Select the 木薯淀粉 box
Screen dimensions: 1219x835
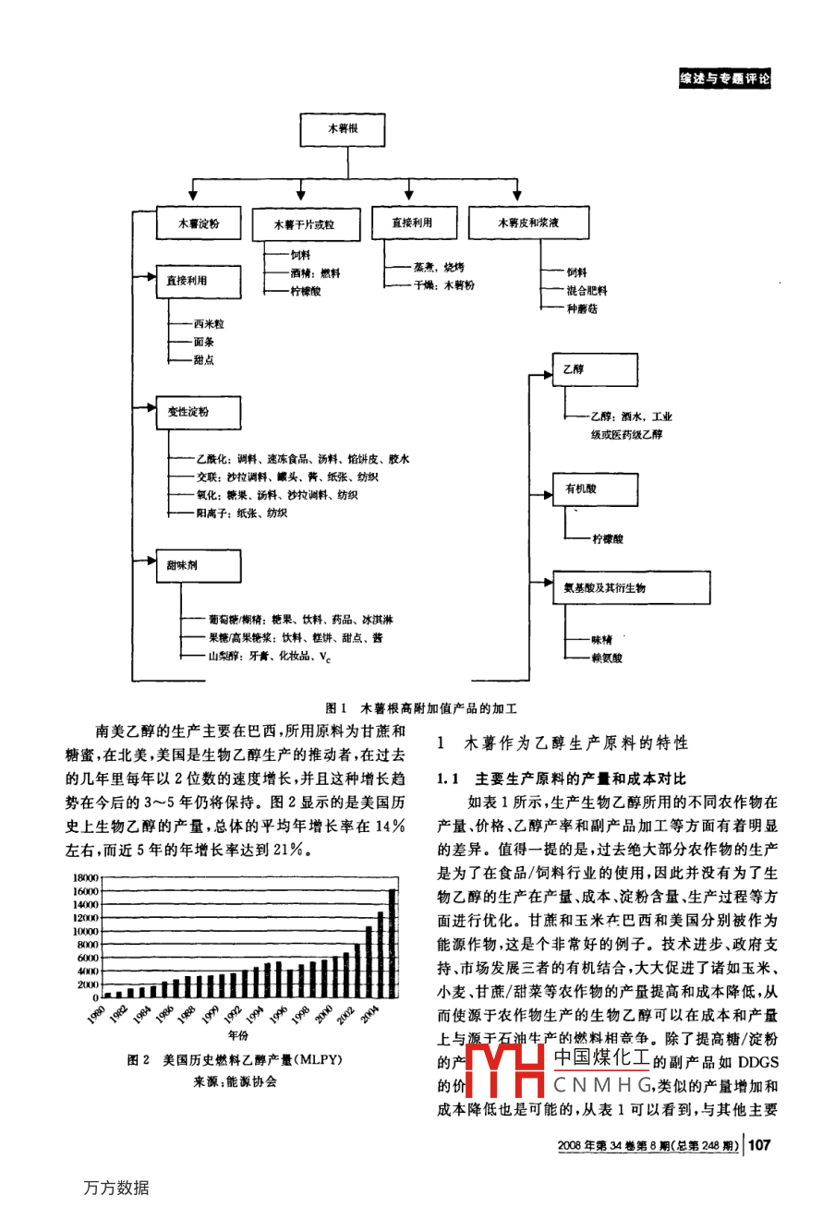pyautogui.click(x=200, y=223)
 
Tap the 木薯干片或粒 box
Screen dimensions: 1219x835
pyautogui.click(x=304, y=224)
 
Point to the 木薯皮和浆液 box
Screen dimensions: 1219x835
pyautogui.click(x=528, y=223)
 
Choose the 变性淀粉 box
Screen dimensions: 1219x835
pyautogui.click(x=199, y=412)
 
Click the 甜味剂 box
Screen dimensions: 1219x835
pyautogui.click(x=199, y=565)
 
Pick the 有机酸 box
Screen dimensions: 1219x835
pyautogui.click(x=595, y=489)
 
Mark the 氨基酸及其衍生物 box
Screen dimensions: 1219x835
pyautogui.click(x=631, y=587)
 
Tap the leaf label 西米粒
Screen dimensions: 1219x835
pyautogui.click(x=209, y=324)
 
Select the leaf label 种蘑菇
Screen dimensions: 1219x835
pyautogui.click(x=582, y=308)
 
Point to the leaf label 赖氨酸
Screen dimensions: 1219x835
pyautogui.click(x=607, y=658)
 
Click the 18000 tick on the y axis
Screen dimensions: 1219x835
pyautogui.click(x=85, y=878)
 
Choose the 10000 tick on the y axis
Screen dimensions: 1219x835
pyautogui.click(x=85, y=931)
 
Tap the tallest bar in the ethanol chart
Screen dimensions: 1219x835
pyautogui.click(x=392, y=943)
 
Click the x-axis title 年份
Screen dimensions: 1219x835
pyautogui.click(x=238, y=1036)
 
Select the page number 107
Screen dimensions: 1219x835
pyautogui.click(x=759, y=1145)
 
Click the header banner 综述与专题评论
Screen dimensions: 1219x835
pyautogui.click(x=724, y=79)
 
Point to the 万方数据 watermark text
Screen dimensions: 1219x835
pyautogui.click(x=116, y=1189)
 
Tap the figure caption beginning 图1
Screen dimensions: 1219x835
pyautogui.click(x=421, y=708)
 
